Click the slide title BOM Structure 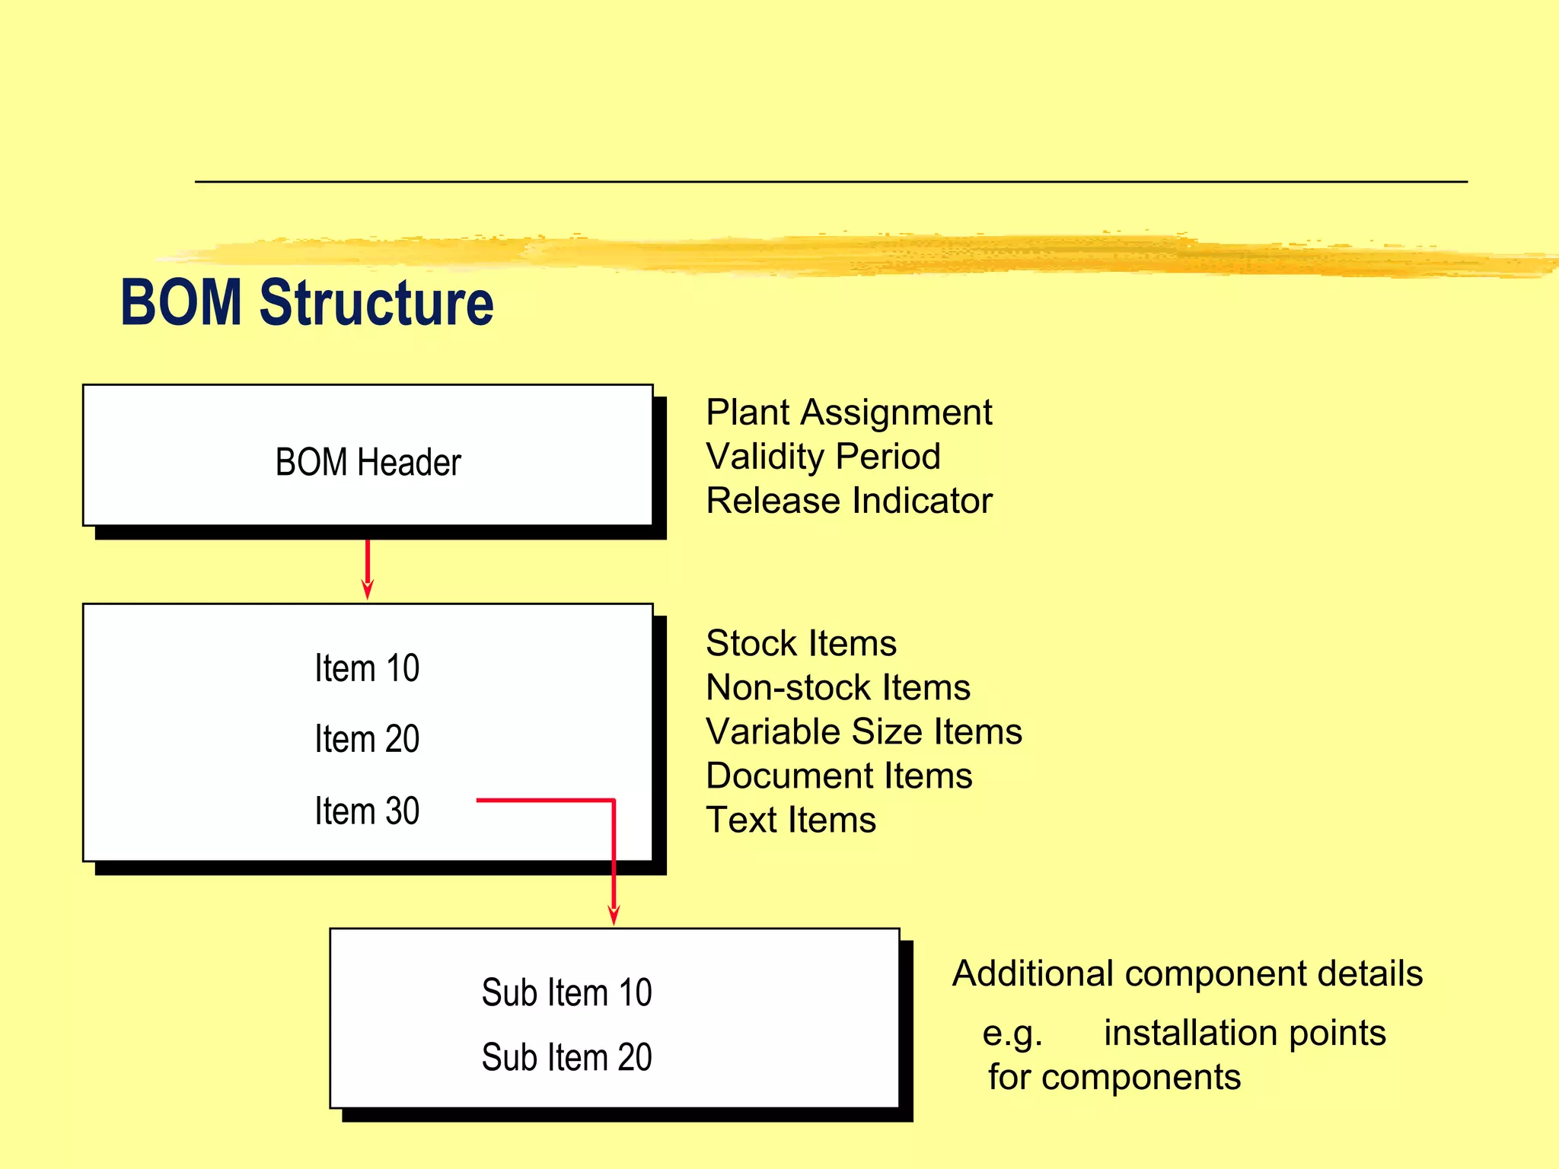307,302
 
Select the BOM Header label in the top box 368,462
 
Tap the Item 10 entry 367,668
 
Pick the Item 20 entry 367,739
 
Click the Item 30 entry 367,811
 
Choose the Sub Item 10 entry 566,992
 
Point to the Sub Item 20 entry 566,1057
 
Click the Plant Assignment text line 849,412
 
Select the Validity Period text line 823,457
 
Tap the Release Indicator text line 849,501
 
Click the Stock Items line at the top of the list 801,643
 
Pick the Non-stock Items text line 838,687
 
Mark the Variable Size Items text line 864,731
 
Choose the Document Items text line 839,776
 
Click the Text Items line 791,820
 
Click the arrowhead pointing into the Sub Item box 614,915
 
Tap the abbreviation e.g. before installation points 1012,1034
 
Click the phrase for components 1114,1077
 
